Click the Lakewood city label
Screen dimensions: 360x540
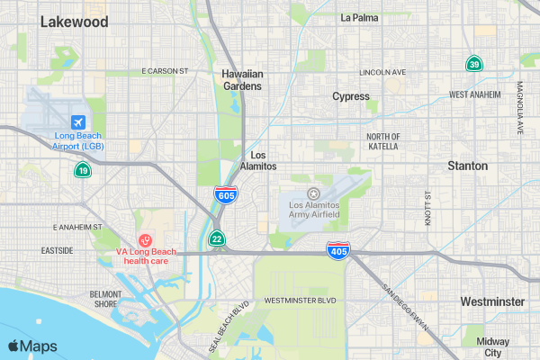pyautogui.click(x=74, y=22)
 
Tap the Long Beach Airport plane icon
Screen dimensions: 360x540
pyautogui.click(x=78, y=121)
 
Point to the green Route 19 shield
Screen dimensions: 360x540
pyautogui.click(x=82, y=169)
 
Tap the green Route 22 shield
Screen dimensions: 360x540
pyautogui.click(x=217, y=238)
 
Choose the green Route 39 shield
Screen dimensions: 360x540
pyautogui.click(x=473, y=64)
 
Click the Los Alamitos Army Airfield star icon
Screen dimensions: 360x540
pyautogui.click(x=313, y=193)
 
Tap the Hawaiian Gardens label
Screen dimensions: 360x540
pyautogui.click(x=242, y=80)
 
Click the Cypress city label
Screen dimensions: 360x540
pyautogui.click(x=351, y=96)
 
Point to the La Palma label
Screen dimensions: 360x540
pyautogui.click(x=359, y=17)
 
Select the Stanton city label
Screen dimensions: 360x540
pyautogui.click(x=468, y=166)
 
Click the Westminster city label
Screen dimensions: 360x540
pyautogui.click(x=491, y=301)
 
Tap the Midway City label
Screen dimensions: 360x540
pyautogui.click(x=493, y=346)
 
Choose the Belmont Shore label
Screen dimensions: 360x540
pyautogui.click(x=105, y=299)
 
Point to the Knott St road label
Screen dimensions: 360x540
pyautogui.click(x=427, y=207)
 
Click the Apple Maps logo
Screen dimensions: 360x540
pyautogui.click(x=32, y=346)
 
